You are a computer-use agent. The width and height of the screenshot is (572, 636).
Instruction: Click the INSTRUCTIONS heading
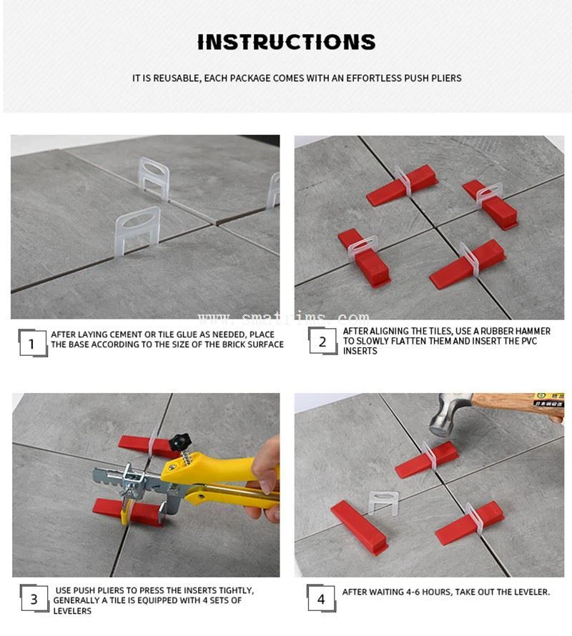click(x=286, y=42)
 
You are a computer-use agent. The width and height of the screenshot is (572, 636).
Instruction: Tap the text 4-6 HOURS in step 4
click(x=430, y=592)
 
